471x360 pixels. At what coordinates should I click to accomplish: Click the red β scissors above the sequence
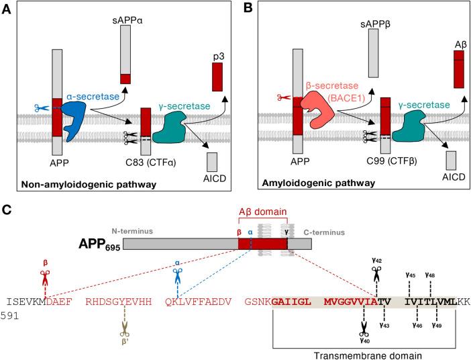[45, 277]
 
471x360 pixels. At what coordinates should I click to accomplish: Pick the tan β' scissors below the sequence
[124, 325]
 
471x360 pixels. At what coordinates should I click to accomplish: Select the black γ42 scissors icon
[376, 273]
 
